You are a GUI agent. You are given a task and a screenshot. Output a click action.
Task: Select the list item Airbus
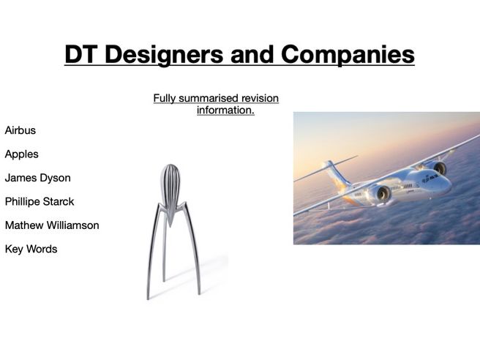20,130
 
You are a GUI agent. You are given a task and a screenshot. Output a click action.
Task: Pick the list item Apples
22,154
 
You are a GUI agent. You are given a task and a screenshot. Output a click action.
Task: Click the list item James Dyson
38,178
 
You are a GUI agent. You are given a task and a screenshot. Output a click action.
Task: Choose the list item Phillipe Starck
40,201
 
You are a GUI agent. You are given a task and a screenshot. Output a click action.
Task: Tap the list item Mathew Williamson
52,225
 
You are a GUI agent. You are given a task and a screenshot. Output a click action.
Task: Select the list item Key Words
31,249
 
